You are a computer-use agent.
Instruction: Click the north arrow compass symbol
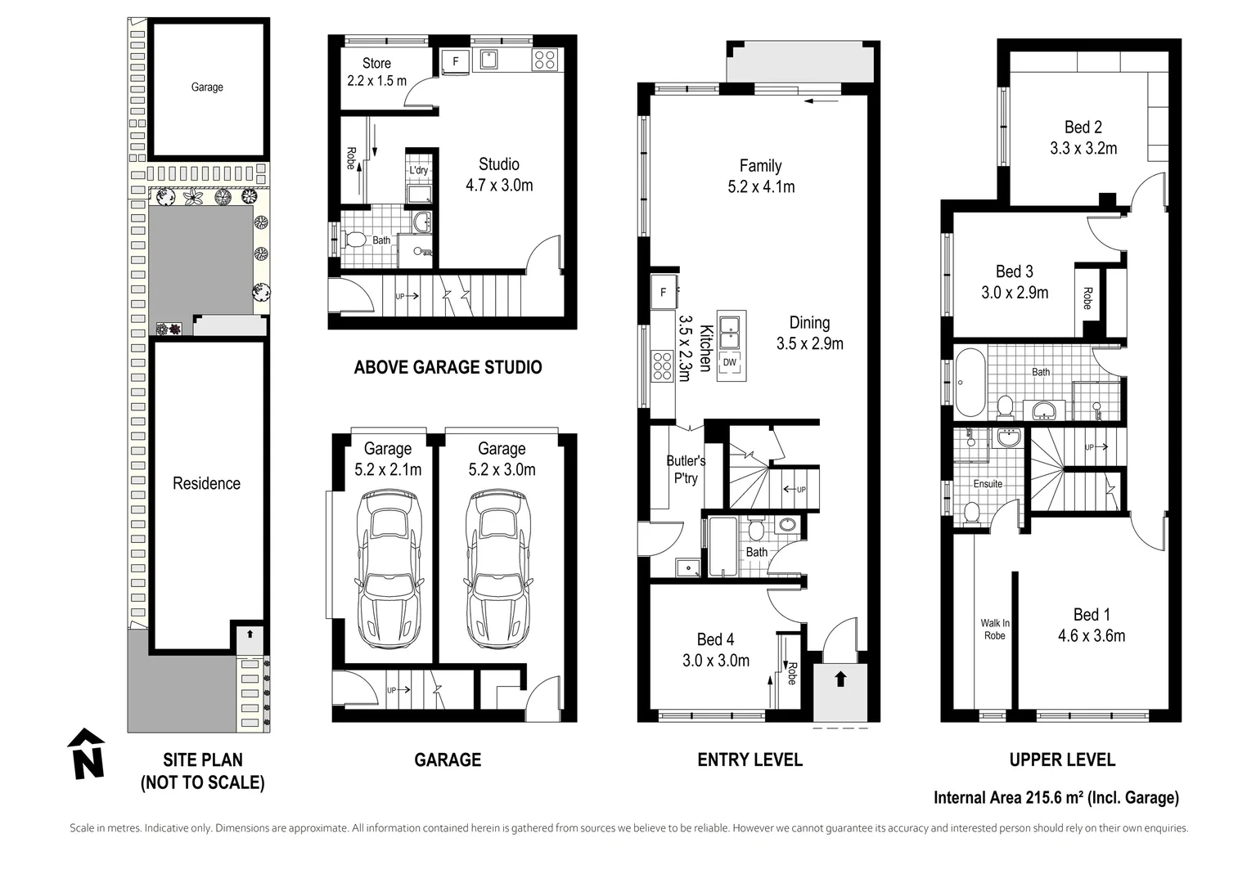point(86,754)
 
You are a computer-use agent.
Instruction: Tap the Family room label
point(760,166)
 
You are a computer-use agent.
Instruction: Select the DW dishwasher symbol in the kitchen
point(730,362)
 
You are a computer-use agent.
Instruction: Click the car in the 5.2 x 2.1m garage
point(389,568)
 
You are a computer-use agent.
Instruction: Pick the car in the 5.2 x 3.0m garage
point(498,568)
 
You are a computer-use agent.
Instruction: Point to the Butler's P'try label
point(686,469)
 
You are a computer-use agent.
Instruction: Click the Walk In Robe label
point(995,629)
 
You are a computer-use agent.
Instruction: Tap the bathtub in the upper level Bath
point(970,382)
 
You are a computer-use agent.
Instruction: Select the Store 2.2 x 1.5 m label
point(377,72)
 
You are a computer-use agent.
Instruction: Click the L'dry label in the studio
point(418,170)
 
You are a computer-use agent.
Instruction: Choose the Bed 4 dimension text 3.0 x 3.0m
point(716,661)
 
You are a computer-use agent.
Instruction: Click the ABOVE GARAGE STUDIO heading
point(448,367)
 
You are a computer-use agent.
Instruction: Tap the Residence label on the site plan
point(206,484)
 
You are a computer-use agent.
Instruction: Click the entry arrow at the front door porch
point(840,679)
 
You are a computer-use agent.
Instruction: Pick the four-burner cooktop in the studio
point(544,60)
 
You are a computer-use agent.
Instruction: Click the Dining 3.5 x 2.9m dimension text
point(810,343)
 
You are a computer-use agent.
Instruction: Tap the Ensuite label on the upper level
point(988,484)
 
